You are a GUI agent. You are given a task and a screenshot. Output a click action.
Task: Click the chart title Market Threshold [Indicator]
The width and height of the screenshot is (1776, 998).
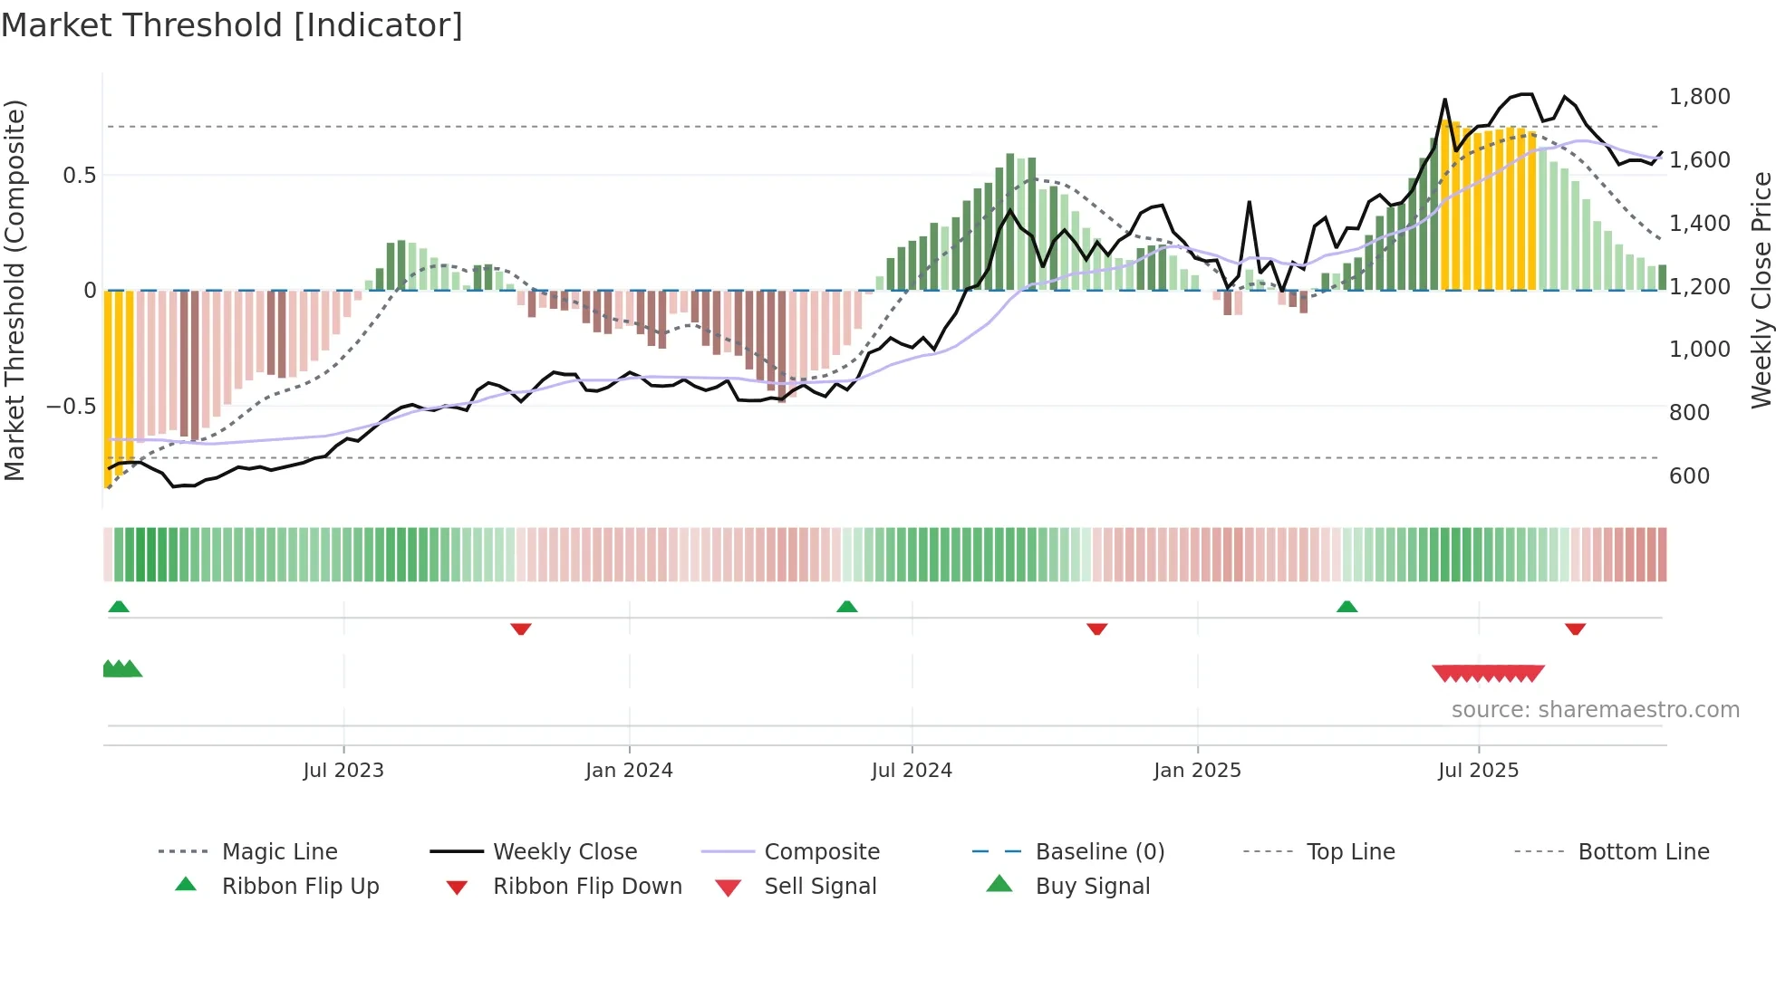232,25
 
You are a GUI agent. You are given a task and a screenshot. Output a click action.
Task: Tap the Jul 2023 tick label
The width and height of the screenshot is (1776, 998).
343,771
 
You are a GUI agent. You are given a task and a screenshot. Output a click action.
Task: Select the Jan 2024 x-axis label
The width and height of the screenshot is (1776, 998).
629,771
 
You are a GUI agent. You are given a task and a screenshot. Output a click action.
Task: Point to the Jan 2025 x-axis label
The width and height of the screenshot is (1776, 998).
1197,771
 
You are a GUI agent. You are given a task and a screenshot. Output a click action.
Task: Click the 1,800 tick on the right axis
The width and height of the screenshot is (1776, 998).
1699,97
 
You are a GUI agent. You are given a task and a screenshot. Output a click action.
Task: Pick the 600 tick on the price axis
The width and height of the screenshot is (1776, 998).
1689,476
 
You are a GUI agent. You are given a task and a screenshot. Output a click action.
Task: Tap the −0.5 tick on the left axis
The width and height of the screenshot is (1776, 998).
72,407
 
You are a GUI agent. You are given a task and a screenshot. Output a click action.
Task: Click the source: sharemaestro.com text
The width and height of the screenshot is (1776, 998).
1595,710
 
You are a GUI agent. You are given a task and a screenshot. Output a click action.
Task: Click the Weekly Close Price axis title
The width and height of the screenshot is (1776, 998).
1761,290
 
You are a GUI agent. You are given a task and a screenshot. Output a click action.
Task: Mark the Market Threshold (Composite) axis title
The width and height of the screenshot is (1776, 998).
14,290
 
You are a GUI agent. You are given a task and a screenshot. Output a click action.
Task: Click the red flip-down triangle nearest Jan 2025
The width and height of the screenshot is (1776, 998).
1097,629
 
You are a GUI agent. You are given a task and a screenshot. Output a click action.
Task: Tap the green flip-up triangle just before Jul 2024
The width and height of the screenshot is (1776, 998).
846,607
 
